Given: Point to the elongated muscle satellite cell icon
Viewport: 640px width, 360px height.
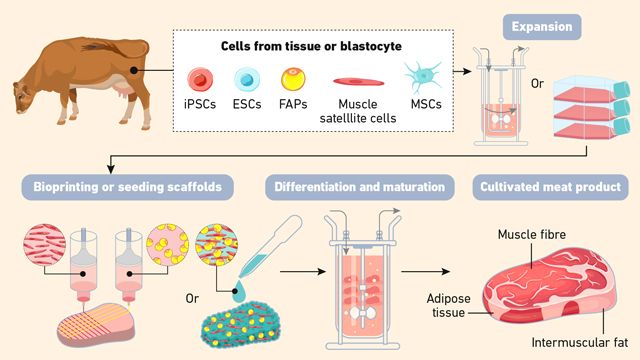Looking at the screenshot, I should click(347, 80).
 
